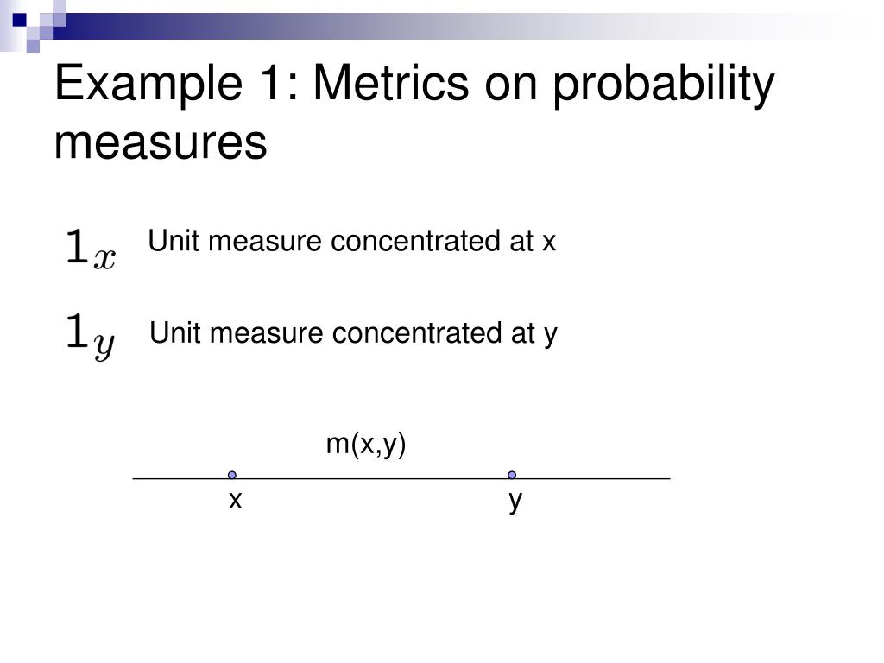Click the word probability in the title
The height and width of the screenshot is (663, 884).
[663, 85]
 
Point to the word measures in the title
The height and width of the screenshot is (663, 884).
[160, 142]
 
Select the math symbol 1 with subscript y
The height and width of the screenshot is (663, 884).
[90, 336]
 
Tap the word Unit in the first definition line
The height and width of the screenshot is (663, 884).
[174, 241]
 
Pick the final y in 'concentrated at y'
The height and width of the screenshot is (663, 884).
[551, 336]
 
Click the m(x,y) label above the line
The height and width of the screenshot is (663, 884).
[366, 445]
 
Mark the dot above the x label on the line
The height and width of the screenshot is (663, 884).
[231, 476]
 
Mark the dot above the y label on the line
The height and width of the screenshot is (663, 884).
[512, 476]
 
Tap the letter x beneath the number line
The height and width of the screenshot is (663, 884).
[235, 500]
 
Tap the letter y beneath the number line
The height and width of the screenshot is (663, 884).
[515, 502]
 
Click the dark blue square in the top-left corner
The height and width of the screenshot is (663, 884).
[20, 21]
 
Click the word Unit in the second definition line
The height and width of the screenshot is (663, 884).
[175, 332]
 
